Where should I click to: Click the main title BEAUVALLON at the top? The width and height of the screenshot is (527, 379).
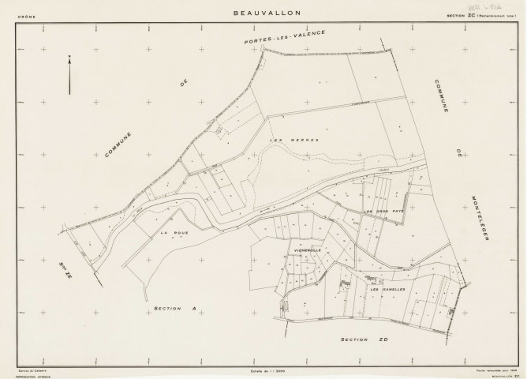pyautogui.click(x=263, y=13)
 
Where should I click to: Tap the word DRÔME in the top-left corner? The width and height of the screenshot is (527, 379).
pyautogui.click(x=26, y=13)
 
